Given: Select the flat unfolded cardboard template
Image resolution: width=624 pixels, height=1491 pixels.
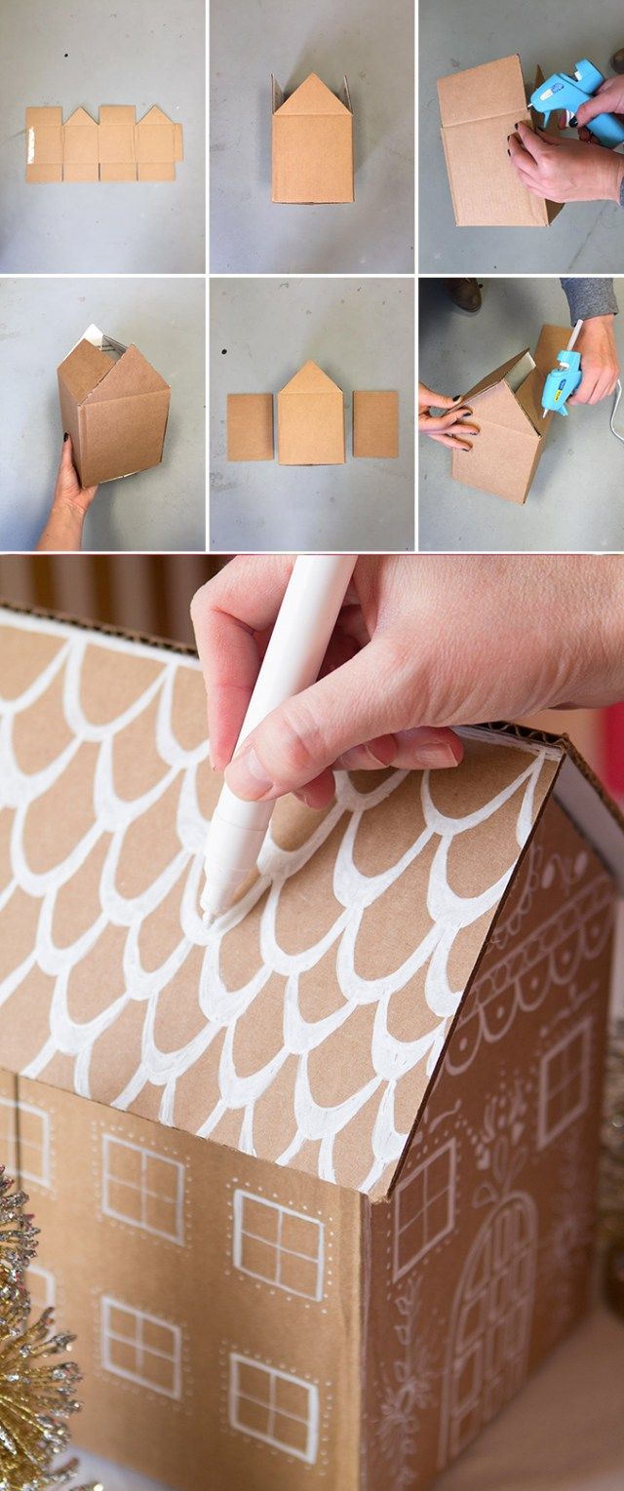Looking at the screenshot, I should (102, 143).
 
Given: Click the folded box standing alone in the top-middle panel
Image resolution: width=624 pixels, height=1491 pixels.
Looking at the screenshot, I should (312, 141).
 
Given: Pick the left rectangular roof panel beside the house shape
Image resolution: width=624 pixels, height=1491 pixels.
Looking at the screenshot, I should (251, 426).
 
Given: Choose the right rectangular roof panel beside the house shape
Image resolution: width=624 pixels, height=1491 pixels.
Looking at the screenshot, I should (375, 424).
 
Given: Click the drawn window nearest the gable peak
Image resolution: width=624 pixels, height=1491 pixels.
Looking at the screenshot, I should (565, 1082).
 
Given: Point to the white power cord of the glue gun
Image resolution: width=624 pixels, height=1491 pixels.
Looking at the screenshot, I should (614, 410).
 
